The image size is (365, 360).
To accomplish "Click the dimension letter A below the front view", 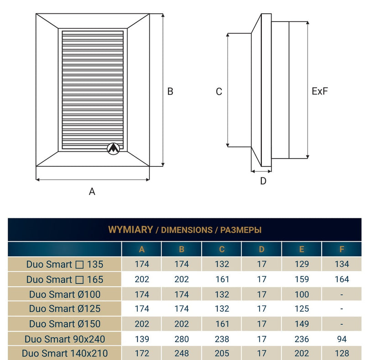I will point(92,191).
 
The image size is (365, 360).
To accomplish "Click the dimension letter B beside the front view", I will point(170,91).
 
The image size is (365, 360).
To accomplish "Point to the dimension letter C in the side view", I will point(219,92).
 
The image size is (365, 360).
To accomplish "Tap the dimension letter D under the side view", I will point(263,181).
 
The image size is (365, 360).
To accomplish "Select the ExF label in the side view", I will point(320,91).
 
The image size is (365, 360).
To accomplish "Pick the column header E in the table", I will point(301,249).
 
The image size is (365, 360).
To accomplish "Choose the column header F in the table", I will point(342,249).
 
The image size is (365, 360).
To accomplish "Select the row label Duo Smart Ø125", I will point(65,309).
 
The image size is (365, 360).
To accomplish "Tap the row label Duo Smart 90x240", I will point(65,339).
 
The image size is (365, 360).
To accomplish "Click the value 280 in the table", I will point(182,339).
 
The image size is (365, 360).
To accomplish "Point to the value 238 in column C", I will point(222,339).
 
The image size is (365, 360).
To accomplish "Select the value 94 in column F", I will point(342,339).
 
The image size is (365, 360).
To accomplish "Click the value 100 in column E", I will point(302,294).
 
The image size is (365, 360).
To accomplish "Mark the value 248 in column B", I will point(182,354).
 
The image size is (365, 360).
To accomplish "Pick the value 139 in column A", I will point(141,339).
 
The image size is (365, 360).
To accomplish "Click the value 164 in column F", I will point(342,279).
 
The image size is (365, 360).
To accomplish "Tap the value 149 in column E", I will point(302,324).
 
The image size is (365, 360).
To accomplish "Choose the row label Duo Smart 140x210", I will point(65,354).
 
